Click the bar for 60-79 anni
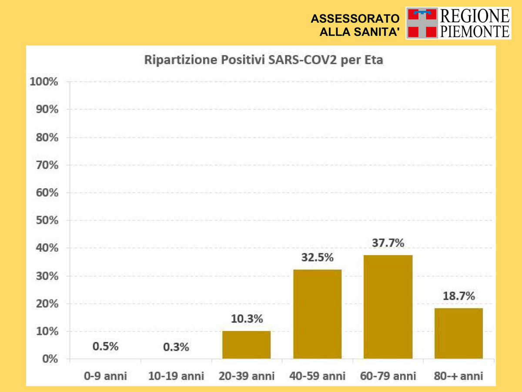coord(388,307)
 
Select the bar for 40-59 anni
coord(318,314)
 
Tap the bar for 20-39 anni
coord(246,345)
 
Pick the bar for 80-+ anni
coord(458,333)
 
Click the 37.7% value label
coord(388,243)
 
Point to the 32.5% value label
coord(318,257)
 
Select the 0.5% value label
coord(105,347)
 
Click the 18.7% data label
coord(458,296)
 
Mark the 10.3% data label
coord(247,319)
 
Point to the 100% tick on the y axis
coord(43,82)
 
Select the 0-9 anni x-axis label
coord(105,376)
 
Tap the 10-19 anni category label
coord(176,376)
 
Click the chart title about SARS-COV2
coord(264,60)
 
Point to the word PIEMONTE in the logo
coord(475,31)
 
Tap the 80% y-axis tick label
coord(45,137)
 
